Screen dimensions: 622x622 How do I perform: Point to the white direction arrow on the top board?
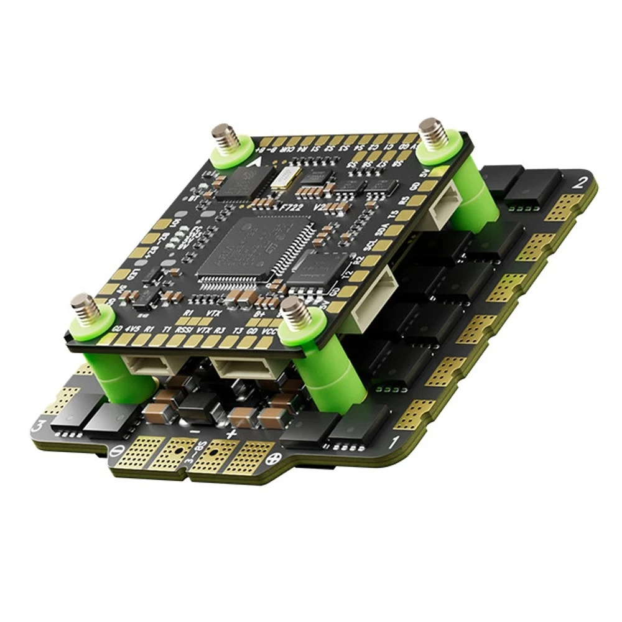tap(254, 164)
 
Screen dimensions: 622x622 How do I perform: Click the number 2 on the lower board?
tap(582, 183)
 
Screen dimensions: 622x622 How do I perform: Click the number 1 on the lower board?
tap(392, 443)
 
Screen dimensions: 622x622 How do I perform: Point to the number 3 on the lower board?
tap(41, 426)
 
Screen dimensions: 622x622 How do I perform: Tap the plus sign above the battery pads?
tap(231, 433)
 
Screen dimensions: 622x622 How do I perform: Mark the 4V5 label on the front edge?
tap(132, 328)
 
